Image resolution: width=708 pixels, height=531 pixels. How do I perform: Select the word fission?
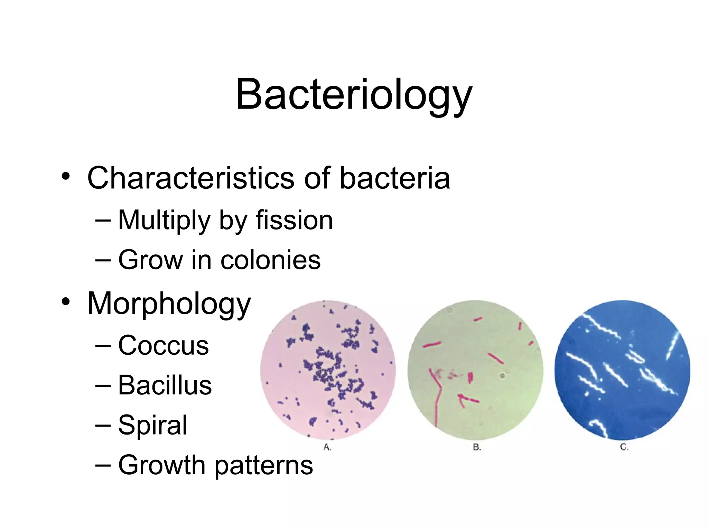[x=294, y=220]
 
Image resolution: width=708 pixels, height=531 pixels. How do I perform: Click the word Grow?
[x=150, y=260]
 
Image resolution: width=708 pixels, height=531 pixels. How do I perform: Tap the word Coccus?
[x=164, y=345]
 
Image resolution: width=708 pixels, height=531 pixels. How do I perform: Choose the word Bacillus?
[x=165, y=385]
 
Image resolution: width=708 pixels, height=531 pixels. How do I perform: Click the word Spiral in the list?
[x=153, y=425]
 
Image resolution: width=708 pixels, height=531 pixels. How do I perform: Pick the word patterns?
[x=264, y=466]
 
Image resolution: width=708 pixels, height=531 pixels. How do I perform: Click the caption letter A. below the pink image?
[x=327, y=447]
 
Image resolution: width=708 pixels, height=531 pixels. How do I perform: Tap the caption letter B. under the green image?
[x=477, y=447]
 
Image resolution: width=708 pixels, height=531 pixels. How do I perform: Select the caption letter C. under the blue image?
[x=624, y=447]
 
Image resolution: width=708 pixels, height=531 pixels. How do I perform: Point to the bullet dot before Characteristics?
[x=66, y=177]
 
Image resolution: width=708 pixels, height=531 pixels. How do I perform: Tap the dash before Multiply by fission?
[x=103, y=221]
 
